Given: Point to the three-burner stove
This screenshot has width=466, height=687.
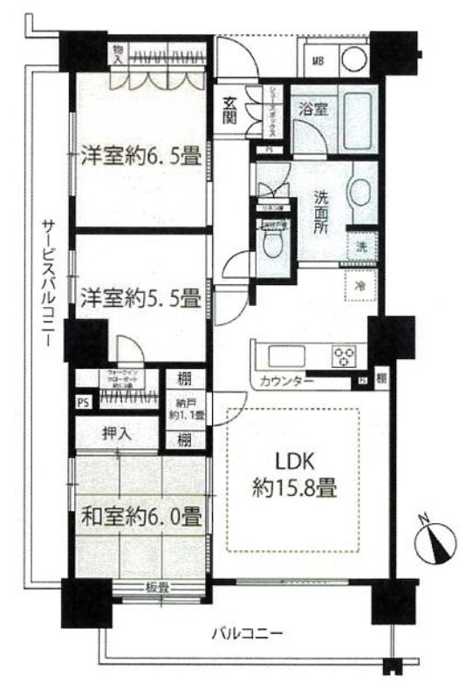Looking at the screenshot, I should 344,356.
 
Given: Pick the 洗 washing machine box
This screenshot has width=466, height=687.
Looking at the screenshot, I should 360,246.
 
